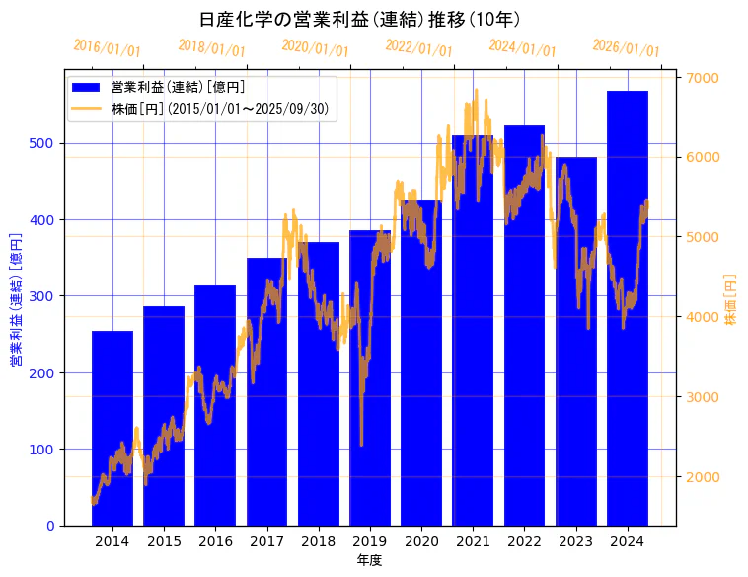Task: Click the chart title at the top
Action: point(360,19)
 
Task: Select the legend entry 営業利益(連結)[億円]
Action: point(178,88)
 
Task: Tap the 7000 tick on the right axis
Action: point(703,77)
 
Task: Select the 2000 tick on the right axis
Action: point(703,477)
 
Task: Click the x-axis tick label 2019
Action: point(369,541)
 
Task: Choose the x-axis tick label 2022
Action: point(524,541)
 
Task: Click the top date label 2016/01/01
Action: point(108,48)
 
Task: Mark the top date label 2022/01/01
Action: point(418,48)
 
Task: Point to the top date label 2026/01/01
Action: point(626,48)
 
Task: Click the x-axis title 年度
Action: point(369,560)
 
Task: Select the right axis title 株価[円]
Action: point(730,300)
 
